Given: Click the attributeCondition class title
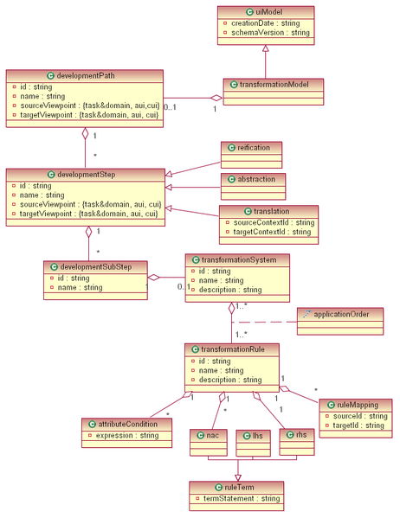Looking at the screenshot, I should point(125,424).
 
